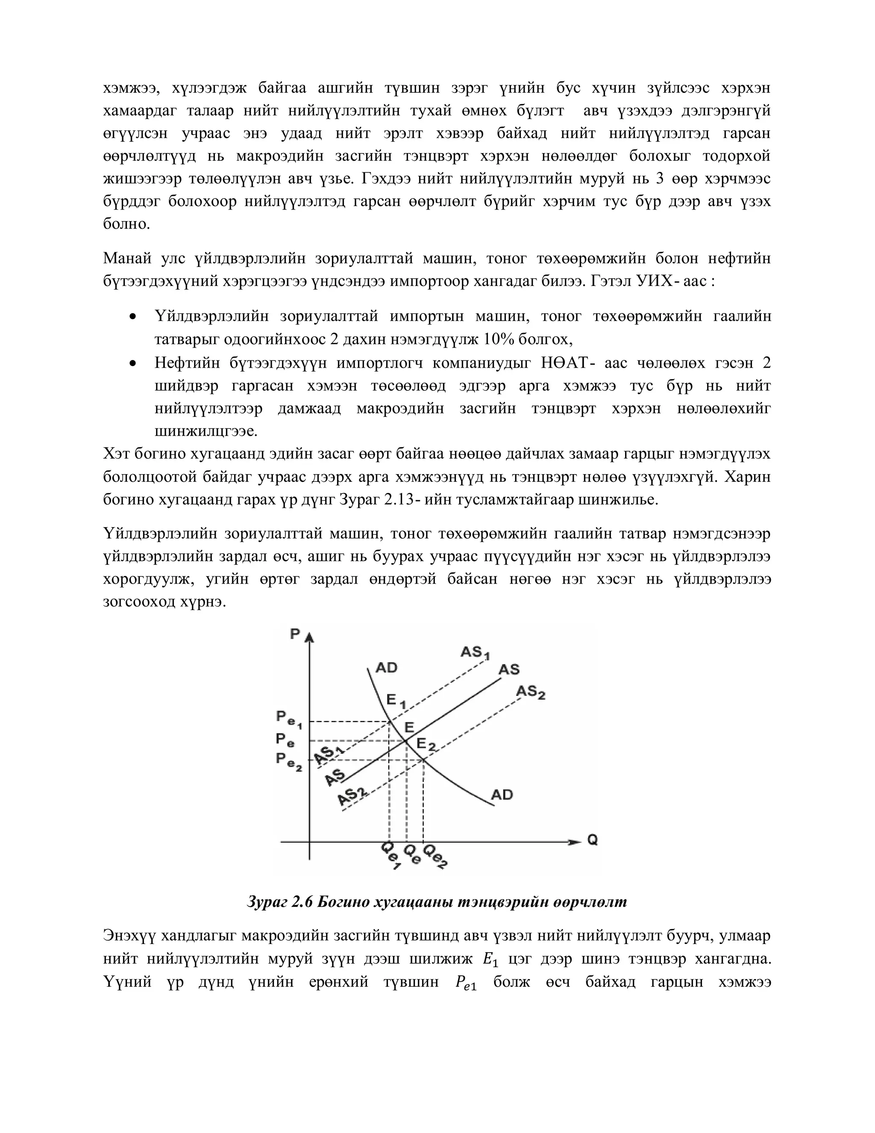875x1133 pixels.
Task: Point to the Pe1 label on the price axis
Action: tap(288, 719)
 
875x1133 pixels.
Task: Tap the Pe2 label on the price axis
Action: tap(288, 761)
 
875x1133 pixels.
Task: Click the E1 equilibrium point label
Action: tap(396, 701)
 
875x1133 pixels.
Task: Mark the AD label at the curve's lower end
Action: tap(502, 794)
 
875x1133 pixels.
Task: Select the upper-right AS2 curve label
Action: tap(530, 692)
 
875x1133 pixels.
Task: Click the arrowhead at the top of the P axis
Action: tap(309, 637)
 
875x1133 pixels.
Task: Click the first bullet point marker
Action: tap(134, 316)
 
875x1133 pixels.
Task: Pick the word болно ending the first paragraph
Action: tap(126, 224)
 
